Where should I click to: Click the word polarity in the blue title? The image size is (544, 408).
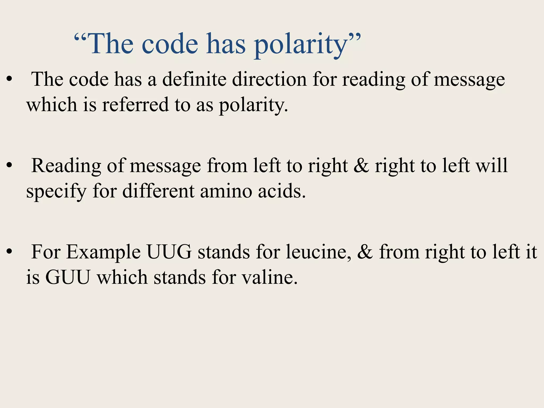click(300, 45)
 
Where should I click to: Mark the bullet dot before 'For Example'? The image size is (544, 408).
click(10, 252)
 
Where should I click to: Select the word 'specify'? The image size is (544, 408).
click(56, 192)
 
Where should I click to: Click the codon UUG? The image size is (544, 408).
click(169, 252)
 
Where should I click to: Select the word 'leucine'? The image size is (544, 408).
click(317, 252)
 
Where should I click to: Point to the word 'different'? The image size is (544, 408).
click(158, 191)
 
